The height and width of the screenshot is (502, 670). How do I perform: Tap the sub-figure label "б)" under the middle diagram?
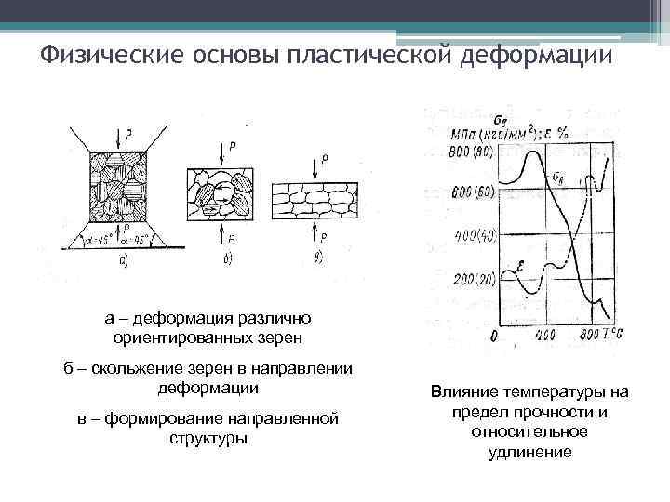tap(229, 258)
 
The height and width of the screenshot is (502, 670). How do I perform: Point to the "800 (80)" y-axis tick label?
tap(471, 152)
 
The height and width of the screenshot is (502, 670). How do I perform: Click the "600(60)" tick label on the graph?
tap(472, 192)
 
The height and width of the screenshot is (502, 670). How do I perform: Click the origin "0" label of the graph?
tap(493, 336)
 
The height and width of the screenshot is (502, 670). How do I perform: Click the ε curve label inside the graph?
tap(520, 269)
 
